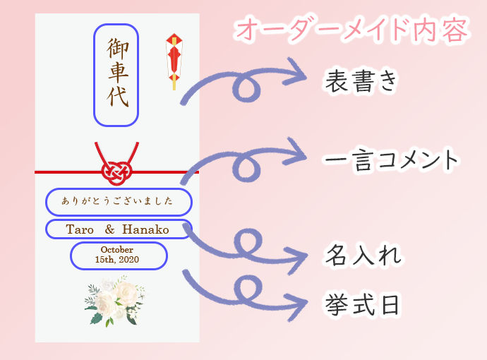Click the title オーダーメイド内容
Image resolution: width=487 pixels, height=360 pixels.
[x=351, y=30]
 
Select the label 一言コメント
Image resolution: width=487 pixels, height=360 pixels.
[x=391, y=160]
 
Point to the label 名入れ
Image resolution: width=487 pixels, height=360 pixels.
[x=363, y=255]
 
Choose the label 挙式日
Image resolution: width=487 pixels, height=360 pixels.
[x=362, y=305]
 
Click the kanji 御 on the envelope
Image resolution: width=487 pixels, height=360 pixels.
[x=117, y=49]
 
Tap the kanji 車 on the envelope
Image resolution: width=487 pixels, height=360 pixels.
[x=118, y=72]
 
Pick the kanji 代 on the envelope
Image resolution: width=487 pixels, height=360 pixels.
[x=118, y=97]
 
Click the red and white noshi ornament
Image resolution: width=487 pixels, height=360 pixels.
[x=174, y=61]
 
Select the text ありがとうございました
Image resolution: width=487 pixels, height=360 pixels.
[x=117, y=201]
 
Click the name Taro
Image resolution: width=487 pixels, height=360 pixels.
[x=80, y=229]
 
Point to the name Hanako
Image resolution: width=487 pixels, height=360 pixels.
[x=145, y=229]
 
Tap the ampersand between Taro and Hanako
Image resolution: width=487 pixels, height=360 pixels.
[x=109, y=229]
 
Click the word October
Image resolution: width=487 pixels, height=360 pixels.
[x=116, y=250]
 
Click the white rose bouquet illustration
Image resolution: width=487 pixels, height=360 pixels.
[x=116, y=301]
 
